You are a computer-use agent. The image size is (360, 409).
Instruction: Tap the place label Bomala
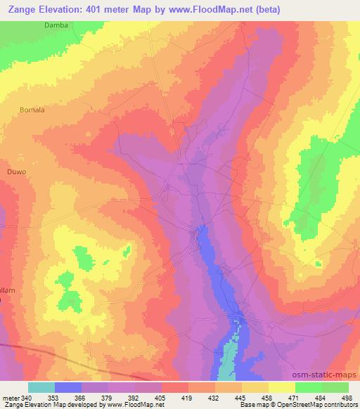[33, 110]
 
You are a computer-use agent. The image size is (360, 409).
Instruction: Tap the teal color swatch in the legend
[41, 387]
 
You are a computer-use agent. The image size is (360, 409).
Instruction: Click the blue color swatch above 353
[68, 387]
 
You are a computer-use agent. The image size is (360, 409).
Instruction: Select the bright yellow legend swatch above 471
[281, 387]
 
